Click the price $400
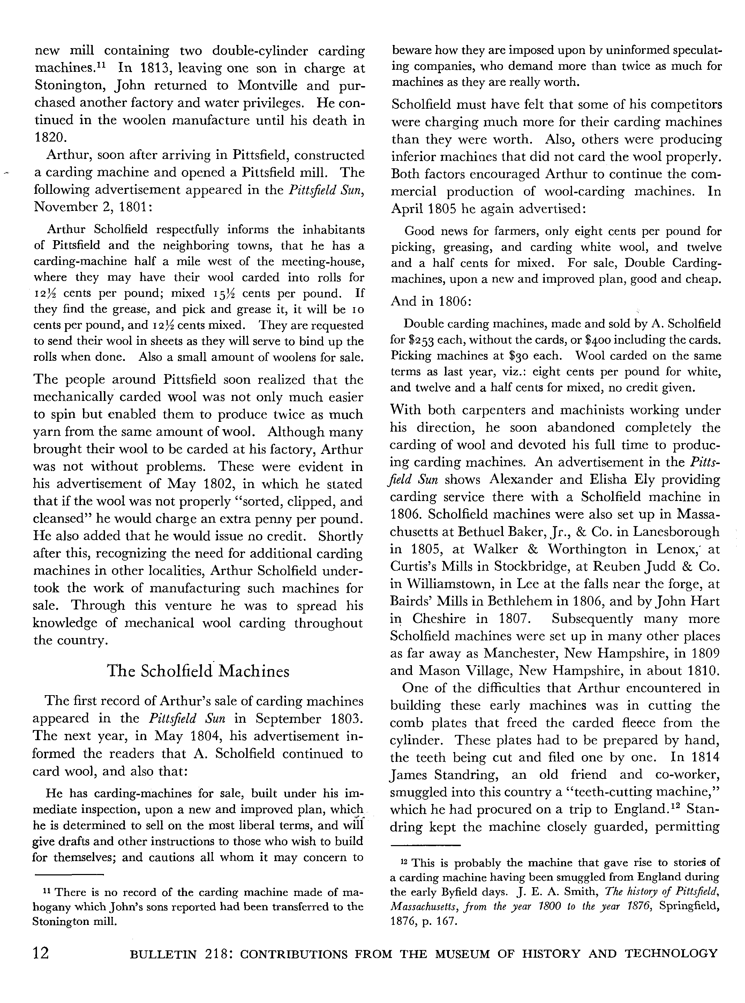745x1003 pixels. pyautogui.click(x=599, y=340)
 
